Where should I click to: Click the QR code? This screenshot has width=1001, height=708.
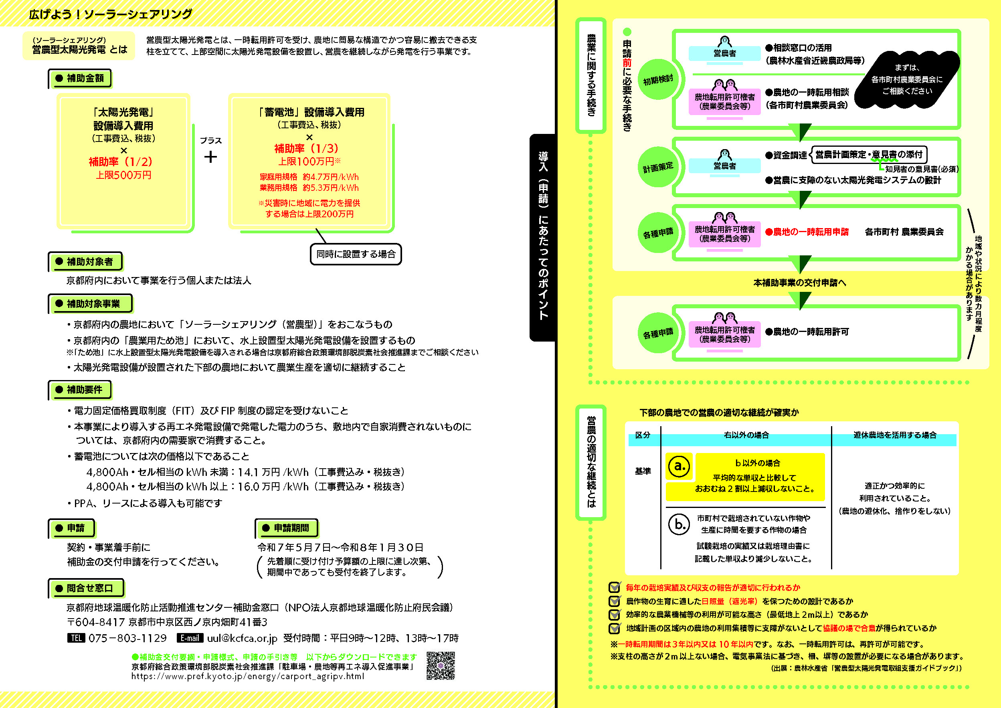pos(440,666)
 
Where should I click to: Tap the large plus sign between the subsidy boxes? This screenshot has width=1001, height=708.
pos(210,156)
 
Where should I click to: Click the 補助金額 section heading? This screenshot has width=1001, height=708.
pos(80,79)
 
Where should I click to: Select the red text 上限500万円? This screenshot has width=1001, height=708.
pos(123,175)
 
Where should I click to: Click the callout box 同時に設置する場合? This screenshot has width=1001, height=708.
pos(356,254)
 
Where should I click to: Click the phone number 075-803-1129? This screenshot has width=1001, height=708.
pos(127,638)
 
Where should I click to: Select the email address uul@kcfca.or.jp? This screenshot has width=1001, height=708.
pos(242,638)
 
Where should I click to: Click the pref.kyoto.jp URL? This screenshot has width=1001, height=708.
pos(247,676)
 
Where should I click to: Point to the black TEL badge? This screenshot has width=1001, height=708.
pos(76,638)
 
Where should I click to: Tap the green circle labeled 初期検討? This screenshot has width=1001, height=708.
pos(658,80)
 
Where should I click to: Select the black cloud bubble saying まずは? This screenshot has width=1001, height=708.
pos(907,79)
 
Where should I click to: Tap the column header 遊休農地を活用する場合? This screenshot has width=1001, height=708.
pos(895,435)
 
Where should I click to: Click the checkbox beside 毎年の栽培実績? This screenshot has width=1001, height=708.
pos(615,587)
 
